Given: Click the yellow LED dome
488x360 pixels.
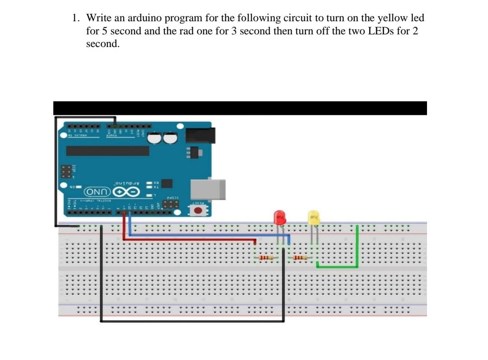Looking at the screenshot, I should coord(314,218).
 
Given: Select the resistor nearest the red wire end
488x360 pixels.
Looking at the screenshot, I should coord(267,258).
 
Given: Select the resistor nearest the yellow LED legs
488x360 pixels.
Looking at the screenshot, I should coord(300,258).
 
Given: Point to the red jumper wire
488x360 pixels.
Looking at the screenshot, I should coord(190,240).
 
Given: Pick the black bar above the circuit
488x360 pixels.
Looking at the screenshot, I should coord(239,108).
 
